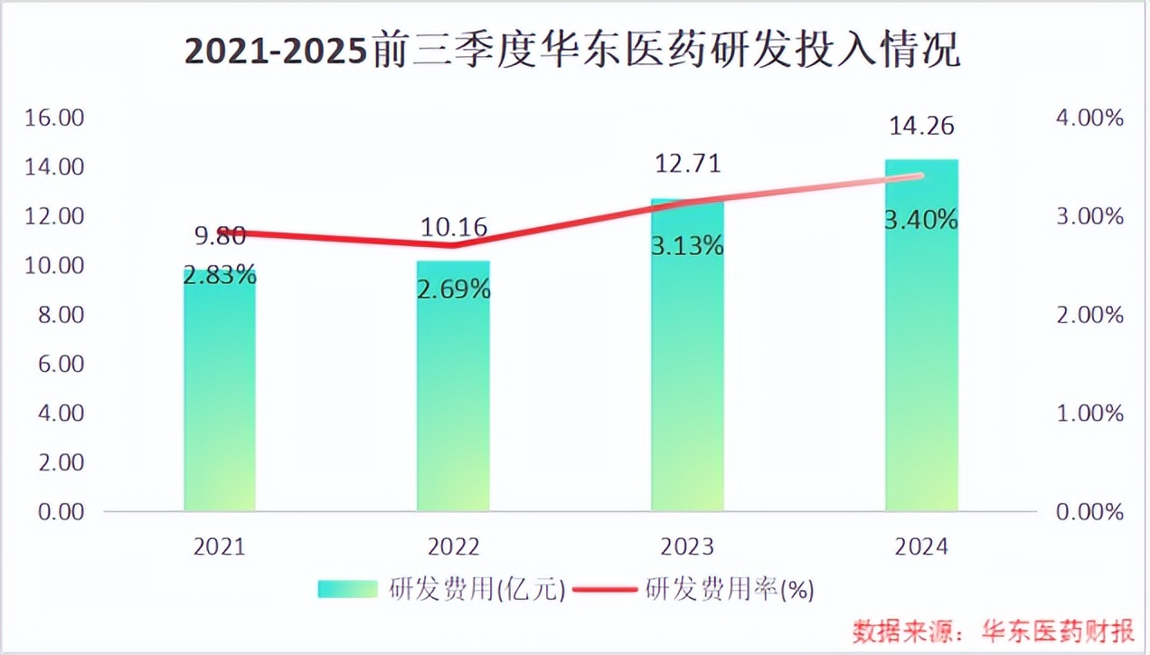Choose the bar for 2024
(x=920, y=362)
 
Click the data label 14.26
(x=920, y=126)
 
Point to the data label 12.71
(x=687, y=165)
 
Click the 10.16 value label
(x=453, y=226)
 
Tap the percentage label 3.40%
(x=921, y=219)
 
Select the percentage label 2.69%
(x=454, y=290)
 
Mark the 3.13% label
(x=687, y=245)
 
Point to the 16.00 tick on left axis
(x=54, y=118)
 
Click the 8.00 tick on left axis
(x=59, y=315)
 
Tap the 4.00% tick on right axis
(x=1089, y=118)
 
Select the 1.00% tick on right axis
(x=1089, y=413)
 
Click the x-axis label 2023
(x=687, y=547)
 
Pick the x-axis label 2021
(x=220, y=547)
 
